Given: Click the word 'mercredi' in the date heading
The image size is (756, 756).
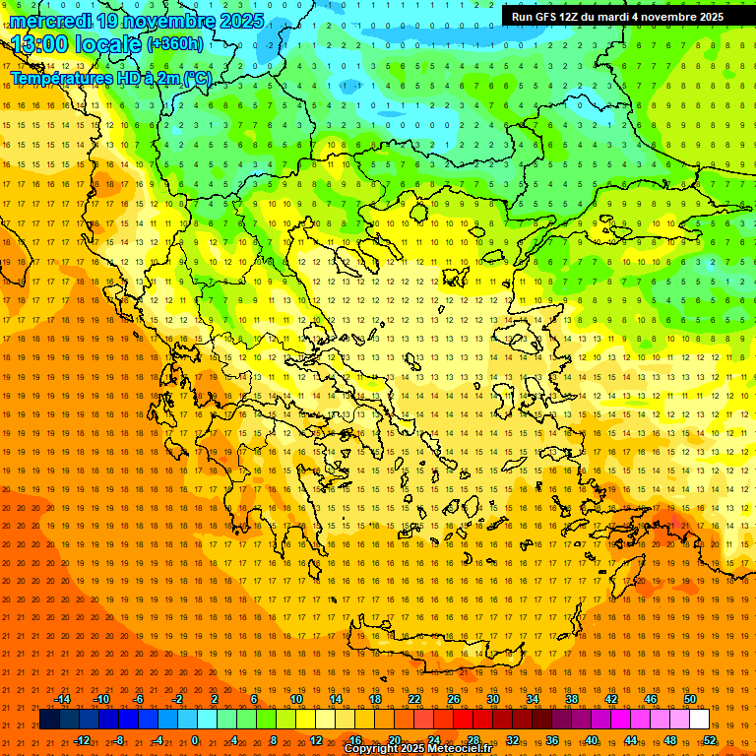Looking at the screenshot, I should click(x=51, y=21).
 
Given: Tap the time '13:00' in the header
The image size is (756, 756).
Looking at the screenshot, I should click(x=40, y=44).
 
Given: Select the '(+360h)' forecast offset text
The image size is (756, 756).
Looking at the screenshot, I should click(x=175, y=43).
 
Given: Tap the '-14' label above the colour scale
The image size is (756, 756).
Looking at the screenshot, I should click(x=63, y=699).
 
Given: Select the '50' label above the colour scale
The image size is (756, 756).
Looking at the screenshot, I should click(x=689, y=699).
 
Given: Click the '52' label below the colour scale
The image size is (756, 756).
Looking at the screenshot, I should click(x=710, y=740).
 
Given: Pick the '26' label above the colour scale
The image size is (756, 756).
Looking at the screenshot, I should click(x=454, y=699).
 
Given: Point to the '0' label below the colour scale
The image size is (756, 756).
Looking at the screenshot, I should click(x=194, y=740).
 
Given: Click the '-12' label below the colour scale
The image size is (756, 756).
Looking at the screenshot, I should click(x=83, y=740).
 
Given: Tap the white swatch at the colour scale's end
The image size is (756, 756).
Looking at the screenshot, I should click(x=699, y=720).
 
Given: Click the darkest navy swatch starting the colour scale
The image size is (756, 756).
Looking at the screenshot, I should click(x=49, y=720).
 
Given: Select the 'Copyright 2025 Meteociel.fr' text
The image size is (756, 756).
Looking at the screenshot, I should click(x=417, y=749).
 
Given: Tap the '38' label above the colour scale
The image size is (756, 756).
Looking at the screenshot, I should click(x=572, y=699).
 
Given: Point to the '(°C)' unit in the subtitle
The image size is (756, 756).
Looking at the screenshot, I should click(x=197, y=77).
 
